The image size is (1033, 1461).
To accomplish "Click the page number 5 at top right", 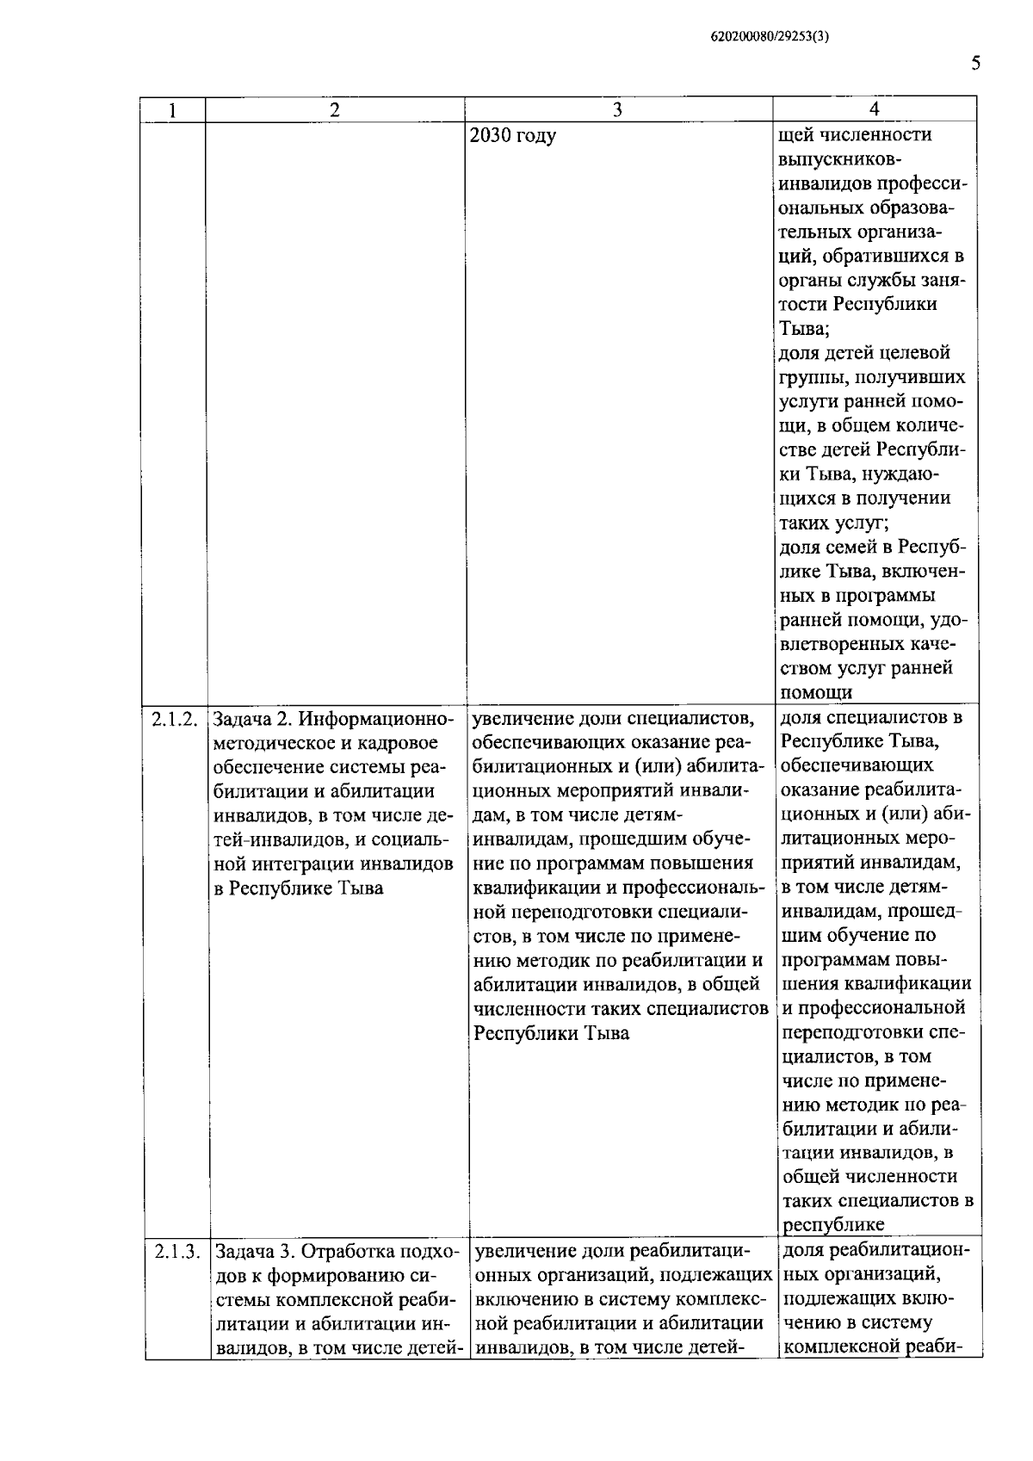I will (975, 63).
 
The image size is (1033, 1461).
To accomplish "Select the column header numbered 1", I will (174, 109).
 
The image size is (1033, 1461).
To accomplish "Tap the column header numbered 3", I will (617, 109).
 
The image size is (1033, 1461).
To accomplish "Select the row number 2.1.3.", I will (177, 1251).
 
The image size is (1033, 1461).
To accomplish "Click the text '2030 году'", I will (514, 135).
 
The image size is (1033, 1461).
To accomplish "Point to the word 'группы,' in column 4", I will (813, 377).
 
